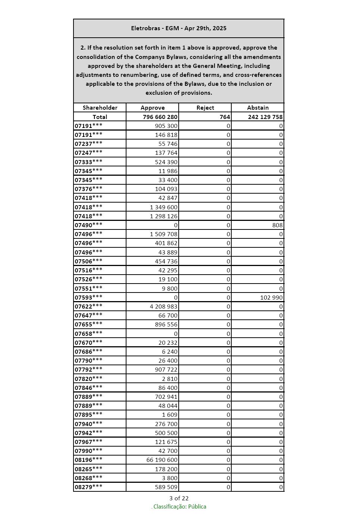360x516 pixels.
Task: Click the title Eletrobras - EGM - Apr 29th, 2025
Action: click(179, 28)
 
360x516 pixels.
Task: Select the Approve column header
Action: click(153, 108)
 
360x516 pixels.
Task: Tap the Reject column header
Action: click(205, 108)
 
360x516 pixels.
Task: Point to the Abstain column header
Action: click(258, 108)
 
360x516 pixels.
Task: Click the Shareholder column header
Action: click(100, 108)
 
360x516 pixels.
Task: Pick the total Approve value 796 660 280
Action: click(160, 117)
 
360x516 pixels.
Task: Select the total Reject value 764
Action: click(225, 117)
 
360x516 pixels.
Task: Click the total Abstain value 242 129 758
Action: click(265, 117)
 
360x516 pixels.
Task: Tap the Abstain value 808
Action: click(277, 225)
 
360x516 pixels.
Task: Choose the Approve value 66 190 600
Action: click(162, 460)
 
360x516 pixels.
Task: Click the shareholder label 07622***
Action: click(88, 307)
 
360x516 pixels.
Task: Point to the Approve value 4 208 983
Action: click(164, 307)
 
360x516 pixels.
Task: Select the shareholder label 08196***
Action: click(88, 460)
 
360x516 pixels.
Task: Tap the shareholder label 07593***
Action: click(88, 298)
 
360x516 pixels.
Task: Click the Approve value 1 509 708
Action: click(164, 234)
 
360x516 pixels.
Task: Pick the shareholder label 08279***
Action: click(88, 487)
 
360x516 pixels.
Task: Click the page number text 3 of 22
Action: click(179, 498)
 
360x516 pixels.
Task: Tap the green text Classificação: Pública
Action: click(179, 507)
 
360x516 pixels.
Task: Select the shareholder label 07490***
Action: click(88, 225)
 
